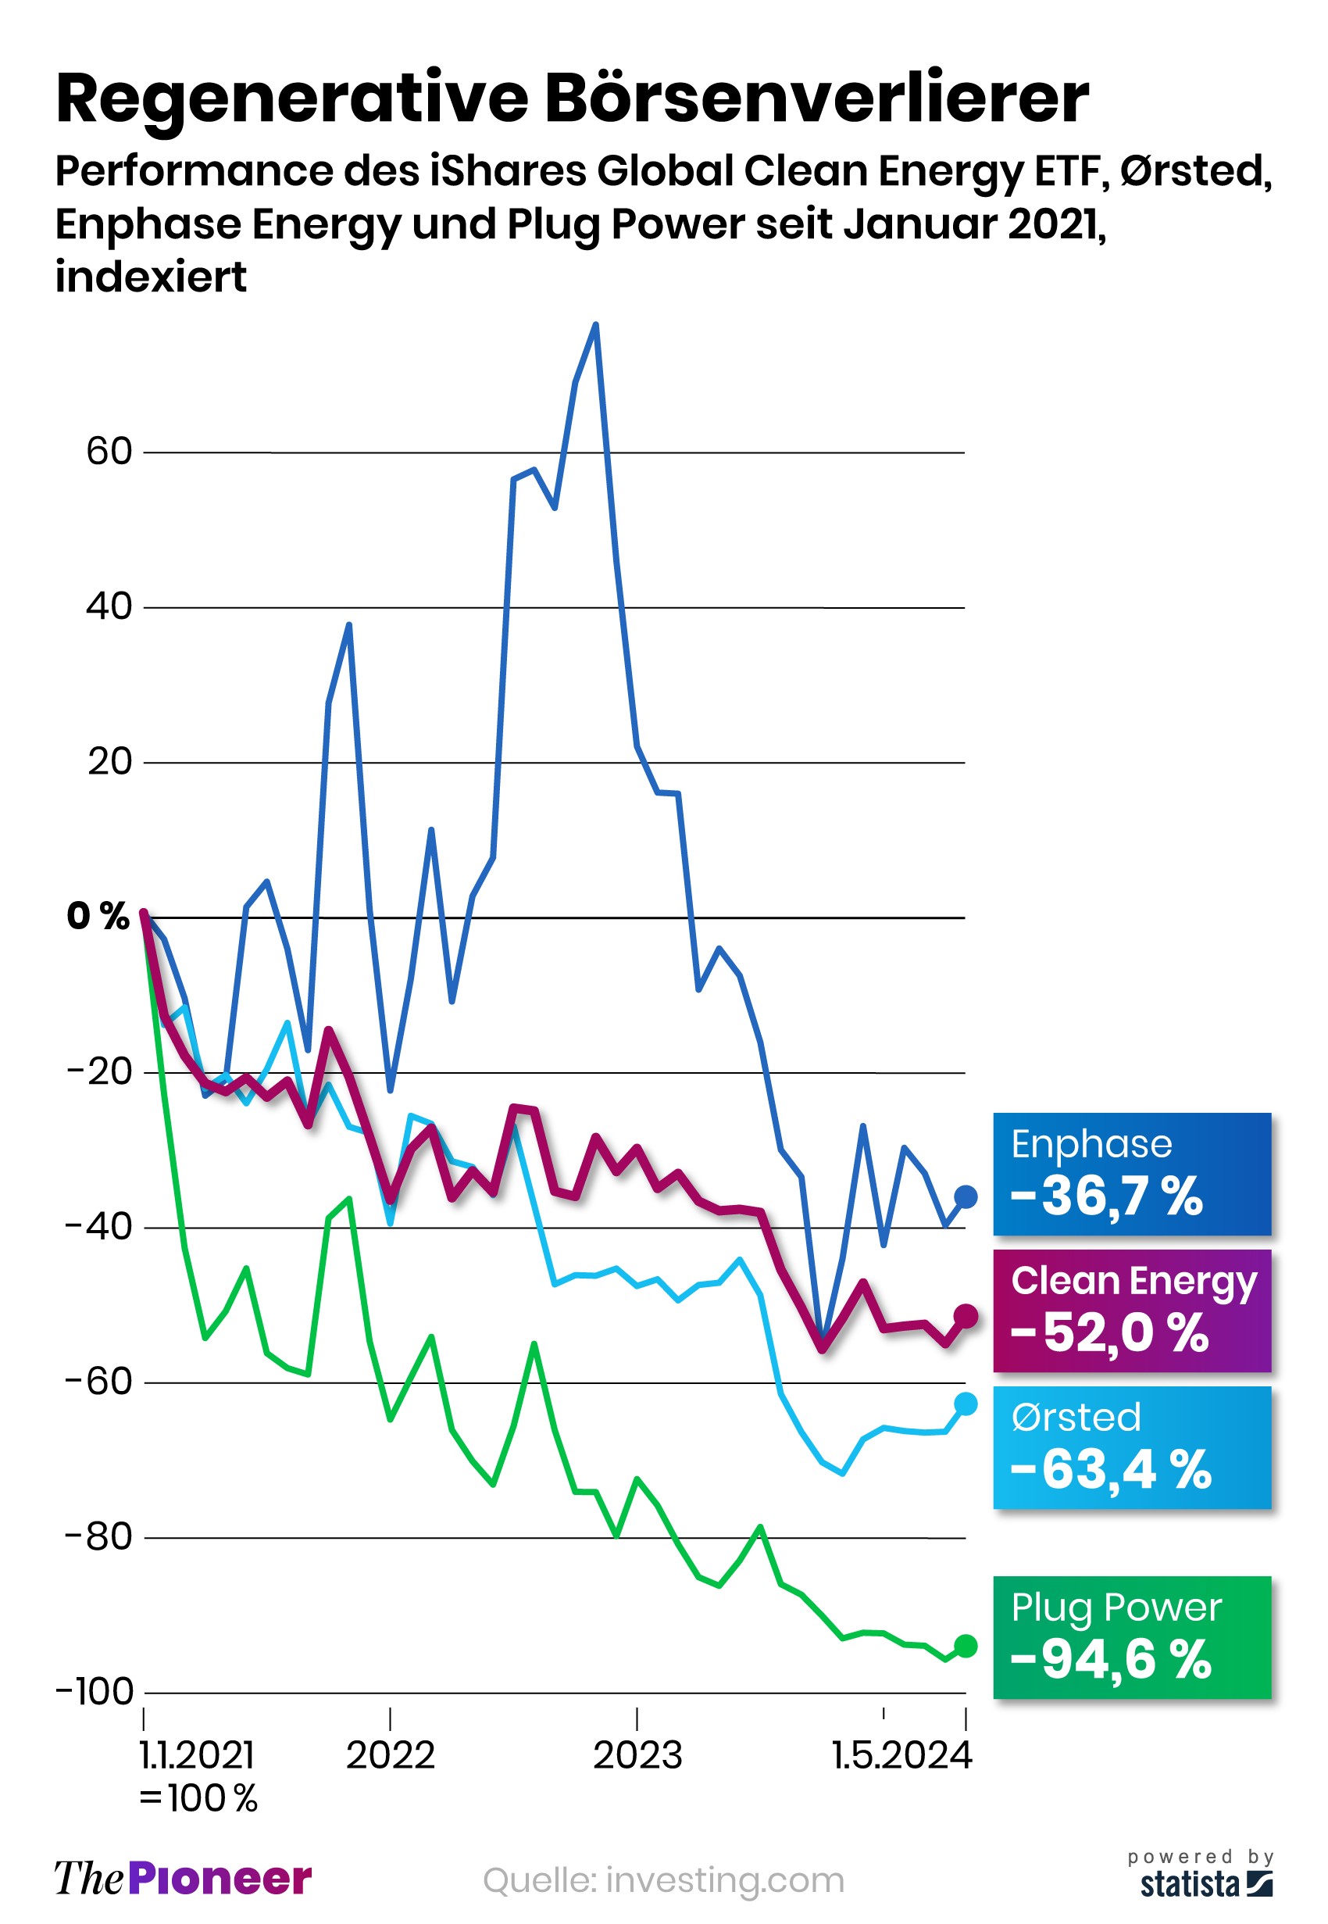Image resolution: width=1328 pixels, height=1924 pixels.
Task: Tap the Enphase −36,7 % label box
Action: (1132, 1175)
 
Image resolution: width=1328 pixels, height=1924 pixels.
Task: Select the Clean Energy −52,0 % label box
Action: (1132, 1311)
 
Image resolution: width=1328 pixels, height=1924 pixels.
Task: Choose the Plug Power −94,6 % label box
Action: (1132, 1638)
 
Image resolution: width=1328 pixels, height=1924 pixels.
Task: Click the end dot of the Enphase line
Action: (966, 1197)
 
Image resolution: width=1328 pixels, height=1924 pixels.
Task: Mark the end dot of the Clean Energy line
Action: (966, 1316)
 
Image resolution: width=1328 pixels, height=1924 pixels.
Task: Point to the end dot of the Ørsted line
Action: (966, 1404)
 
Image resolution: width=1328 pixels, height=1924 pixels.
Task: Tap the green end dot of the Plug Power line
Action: (966, 1646)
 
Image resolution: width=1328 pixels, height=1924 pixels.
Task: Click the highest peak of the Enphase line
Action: (596, 324)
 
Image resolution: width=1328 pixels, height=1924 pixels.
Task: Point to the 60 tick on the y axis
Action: (109, 452)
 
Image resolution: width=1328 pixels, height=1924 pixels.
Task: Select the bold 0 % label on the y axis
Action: (98, 916)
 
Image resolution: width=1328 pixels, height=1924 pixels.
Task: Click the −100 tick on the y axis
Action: (95, 1692)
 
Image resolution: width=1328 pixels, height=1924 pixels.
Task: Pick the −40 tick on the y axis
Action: (99, 1227)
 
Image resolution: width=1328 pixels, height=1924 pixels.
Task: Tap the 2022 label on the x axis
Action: (391, 1756)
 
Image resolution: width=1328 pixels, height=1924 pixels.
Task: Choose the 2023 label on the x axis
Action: (637, 1756)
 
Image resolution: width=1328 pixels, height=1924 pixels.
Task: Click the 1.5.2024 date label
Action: (902, 1756)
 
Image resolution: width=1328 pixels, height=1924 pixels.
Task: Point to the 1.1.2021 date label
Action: (197, 1756)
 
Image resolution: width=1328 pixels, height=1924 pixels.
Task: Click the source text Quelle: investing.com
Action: (663, 1881)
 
